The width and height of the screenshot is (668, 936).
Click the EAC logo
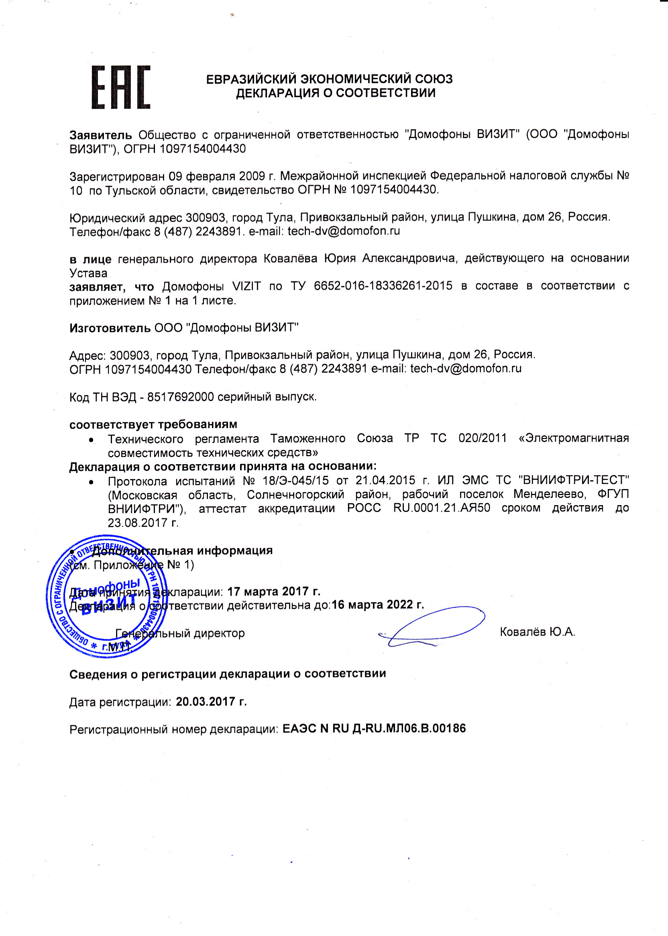120,87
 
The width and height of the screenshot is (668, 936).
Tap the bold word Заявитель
100,135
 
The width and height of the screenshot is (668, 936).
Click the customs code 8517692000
180,397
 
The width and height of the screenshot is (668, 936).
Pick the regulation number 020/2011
482,438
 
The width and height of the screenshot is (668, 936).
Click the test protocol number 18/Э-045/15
293,480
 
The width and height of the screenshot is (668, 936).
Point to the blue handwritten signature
432,628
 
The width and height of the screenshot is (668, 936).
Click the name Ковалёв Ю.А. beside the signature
537,632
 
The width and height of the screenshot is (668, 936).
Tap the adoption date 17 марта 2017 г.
273,591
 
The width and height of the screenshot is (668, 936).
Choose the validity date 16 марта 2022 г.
378,605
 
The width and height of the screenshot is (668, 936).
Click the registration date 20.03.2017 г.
211,701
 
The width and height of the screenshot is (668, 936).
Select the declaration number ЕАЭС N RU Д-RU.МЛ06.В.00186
374,729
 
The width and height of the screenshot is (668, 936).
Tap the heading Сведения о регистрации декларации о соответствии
228,673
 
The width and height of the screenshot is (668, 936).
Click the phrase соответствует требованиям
153,424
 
